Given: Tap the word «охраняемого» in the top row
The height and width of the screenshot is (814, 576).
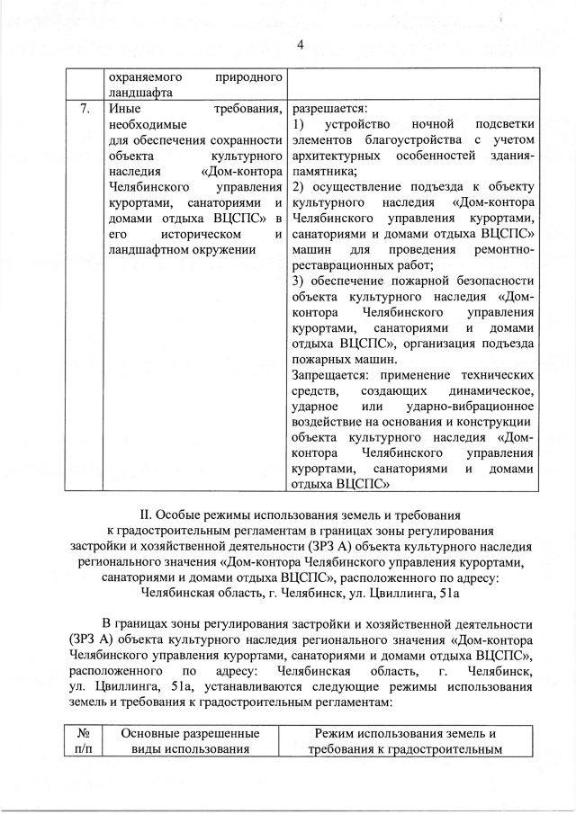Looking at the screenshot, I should click(x=145, y=76).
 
